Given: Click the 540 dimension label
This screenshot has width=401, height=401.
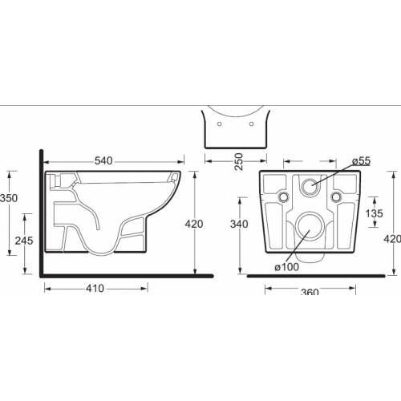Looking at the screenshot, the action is click(103, 161).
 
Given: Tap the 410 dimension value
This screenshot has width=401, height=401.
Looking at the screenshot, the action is click(95, 289).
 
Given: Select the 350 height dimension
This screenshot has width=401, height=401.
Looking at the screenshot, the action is click(9, 198).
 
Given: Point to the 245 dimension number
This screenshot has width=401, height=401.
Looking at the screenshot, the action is click(24, 241).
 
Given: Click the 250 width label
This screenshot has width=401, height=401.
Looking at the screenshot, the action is click(239, 162).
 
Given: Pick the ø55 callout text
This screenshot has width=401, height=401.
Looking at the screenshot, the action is click(361, 161).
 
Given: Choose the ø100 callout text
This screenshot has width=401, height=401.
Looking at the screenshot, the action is click(287, 267).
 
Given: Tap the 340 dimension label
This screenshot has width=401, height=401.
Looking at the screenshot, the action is click(239, 224).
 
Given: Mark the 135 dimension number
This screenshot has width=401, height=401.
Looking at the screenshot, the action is click(375, 213).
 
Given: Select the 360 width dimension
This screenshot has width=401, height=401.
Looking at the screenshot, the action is click(310, 291).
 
